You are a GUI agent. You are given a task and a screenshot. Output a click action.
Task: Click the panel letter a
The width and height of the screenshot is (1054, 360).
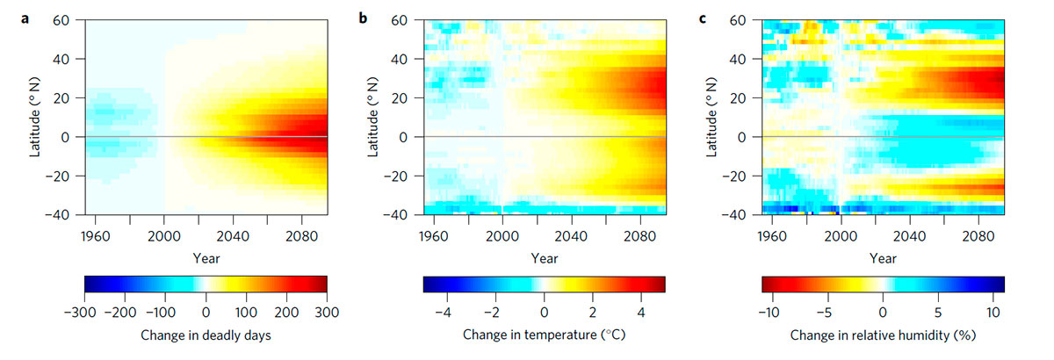(x=24, y=18)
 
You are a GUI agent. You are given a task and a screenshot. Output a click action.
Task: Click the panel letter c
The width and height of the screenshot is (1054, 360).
(x=701, y=18)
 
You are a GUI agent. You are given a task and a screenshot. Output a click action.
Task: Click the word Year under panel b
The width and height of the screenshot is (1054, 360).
(x=545, y=258)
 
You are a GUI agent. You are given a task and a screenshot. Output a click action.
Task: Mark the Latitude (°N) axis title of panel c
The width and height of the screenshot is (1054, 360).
(x=713, y=117)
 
